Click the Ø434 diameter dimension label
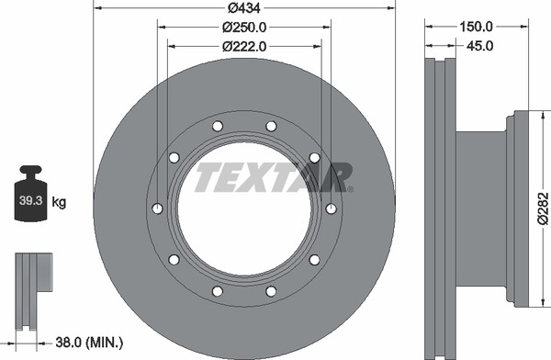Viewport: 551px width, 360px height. [244, 7]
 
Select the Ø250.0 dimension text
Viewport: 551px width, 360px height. [244, 27]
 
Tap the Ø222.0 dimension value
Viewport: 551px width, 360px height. [244, 47]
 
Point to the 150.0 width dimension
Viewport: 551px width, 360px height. [477, 27]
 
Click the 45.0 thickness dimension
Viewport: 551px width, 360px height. [479, 46]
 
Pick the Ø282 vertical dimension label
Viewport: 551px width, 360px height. [544, 208]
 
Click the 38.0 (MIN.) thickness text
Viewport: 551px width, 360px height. [89, 342]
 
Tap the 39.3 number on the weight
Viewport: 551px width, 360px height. [31, 201]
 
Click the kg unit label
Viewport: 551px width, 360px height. [59, 202]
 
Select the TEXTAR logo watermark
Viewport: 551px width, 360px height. [274, 177]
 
